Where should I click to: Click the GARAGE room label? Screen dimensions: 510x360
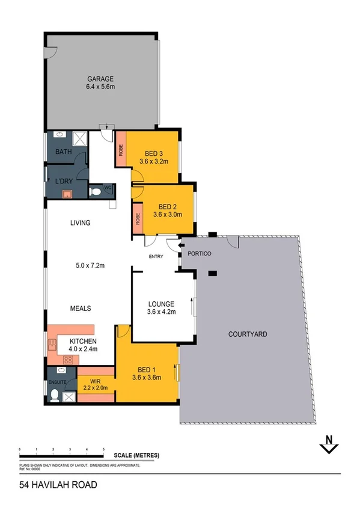pos(100,79)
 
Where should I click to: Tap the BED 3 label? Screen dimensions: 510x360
pos(151,153)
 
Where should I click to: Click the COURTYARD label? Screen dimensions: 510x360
pos(248,334)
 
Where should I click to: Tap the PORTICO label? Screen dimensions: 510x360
pos(200,254)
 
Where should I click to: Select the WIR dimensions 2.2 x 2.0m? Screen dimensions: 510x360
pos(95,388)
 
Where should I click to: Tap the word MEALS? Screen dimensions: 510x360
pos(81,309)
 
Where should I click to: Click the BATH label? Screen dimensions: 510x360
pos(63,152)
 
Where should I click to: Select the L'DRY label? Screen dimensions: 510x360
pos(64,181)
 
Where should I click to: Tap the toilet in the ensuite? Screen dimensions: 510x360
pos(55,396)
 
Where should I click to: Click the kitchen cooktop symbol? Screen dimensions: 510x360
pos(68,360)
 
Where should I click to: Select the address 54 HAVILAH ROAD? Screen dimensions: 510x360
pos(58,484)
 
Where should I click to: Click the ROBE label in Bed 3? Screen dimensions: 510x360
pos(121,148)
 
